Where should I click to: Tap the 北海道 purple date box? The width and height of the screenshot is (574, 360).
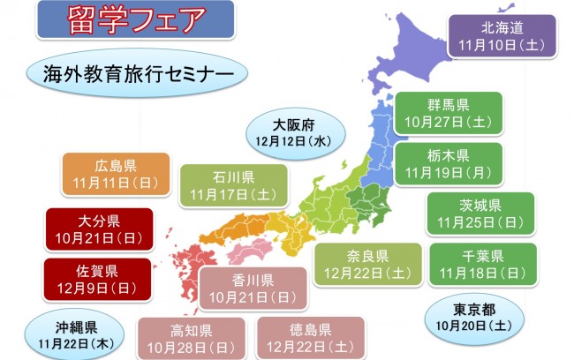(x=502, y=35)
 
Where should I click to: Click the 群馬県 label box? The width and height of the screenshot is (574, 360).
(x=448, y=112)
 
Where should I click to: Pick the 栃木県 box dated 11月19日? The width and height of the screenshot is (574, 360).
(x=448, y=162)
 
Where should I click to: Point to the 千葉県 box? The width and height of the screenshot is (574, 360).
(x=481, y=264)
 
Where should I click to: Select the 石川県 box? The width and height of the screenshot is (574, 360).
(x=234, y=184)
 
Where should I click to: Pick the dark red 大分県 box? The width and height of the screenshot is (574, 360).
(x=99, y=229)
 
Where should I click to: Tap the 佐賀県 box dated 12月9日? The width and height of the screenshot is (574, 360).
(x=99, y=278)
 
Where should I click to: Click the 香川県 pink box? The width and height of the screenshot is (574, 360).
(x=253, y=288)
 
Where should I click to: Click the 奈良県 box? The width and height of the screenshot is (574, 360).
(x=370, y=264)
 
